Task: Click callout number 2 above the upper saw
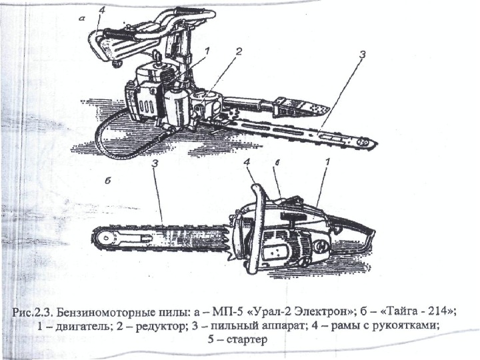[x=238, y=51]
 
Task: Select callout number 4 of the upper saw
[x=101, y=10]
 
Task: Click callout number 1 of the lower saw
[x=327, y=162]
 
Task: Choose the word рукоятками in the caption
[x=408, y=326]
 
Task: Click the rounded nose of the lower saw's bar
[x=98, y=238]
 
